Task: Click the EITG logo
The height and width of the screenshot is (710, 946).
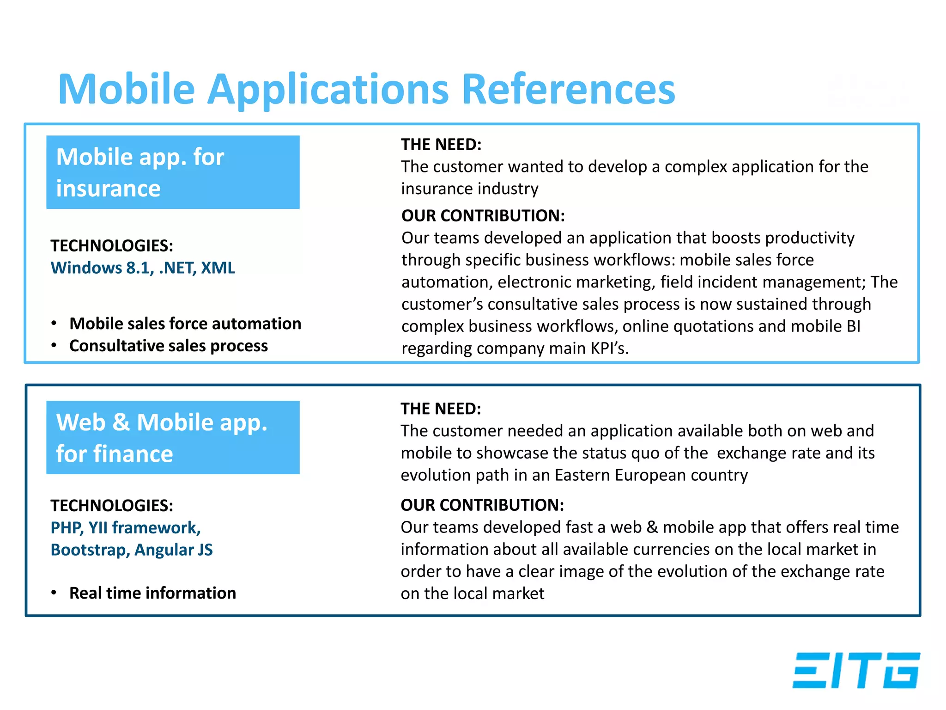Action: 856,670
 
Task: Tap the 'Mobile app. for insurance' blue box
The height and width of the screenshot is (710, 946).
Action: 173,172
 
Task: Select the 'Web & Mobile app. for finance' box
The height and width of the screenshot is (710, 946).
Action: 173,437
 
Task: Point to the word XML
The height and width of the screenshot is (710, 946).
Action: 218,268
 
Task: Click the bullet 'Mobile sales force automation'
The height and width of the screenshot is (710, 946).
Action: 185,324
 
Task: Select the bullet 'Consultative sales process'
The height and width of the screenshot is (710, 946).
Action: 168,346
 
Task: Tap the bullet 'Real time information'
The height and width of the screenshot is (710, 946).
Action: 152,593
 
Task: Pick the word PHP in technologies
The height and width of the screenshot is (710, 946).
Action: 66,528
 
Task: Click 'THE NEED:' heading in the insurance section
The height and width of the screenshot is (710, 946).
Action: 441,145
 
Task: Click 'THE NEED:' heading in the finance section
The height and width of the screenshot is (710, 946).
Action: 441,409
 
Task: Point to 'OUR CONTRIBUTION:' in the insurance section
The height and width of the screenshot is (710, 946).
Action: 483,216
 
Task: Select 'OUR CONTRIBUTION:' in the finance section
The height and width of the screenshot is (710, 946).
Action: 482,505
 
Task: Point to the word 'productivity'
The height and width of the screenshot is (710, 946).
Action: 809,238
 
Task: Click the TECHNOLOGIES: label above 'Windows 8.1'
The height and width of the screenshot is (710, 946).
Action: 112,246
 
